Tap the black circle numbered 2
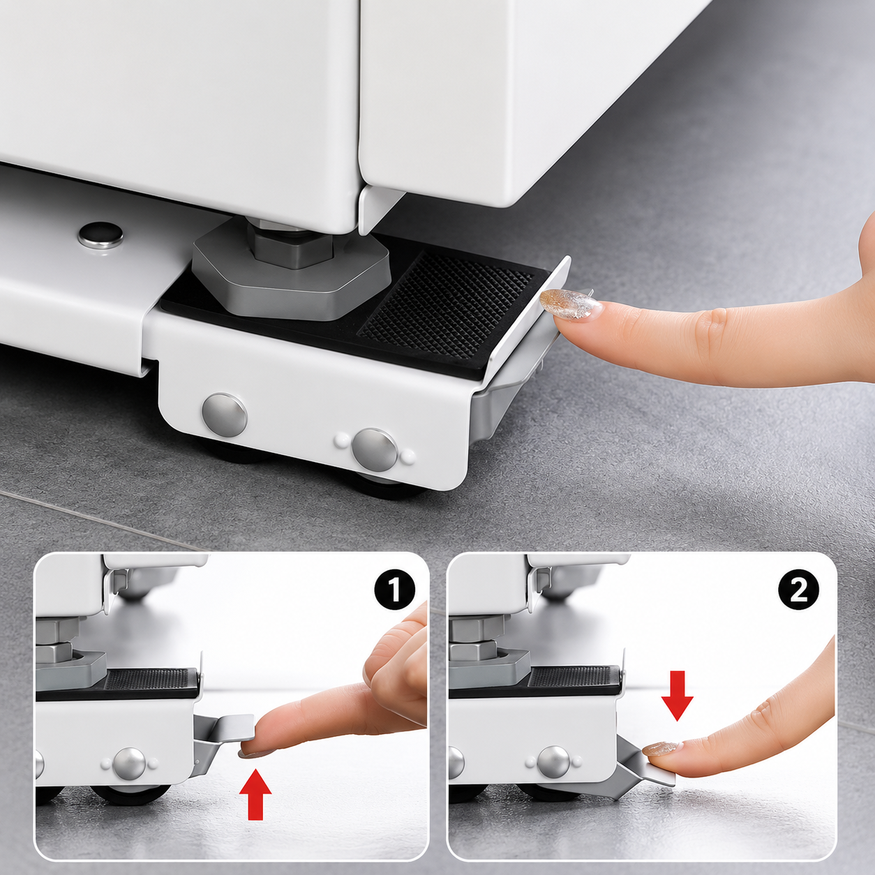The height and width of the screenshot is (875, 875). (799, 590)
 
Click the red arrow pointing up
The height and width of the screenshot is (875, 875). (255, 794)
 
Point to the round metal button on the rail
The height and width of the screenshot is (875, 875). (100, 234)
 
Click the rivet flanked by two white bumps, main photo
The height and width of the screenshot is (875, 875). (375, 450)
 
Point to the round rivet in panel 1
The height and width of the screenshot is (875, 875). (129, 764)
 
